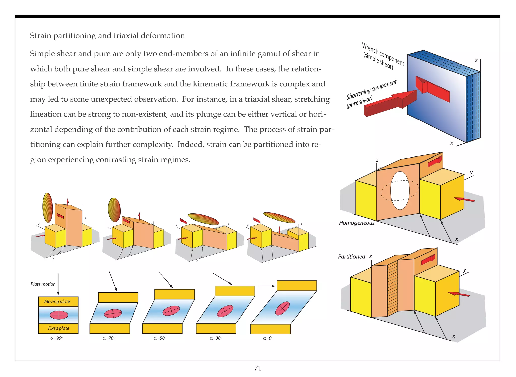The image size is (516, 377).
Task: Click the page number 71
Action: (258, 368)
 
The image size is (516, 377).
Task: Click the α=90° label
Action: (57, 338)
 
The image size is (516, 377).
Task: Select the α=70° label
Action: (109, 338)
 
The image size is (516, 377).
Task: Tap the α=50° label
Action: (160, 338)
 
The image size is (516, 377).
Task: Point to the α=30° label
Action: (216, 338)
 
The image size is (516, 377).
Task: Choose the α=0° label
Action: (268, 338)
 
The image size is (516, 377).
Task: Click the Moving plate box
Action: (58, 302)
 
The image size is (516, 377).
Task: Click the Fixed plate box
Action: (58, 328)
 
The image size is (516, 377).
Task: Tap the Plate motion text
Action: (43, 284)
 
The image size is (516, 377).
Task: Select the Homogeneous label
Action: (357, 223)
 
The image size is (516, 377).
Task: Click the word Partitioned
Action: (351, 257)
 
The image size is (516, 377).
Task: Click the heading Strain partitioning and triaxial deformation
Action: (107, 36)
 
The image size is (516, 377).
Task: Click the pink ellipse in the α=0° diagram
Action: (282, 308)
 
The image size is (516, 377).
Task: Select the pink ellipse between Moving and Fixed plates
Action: (59, 315)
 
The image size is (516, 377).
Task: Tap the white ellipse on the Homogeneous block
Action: (400, 191)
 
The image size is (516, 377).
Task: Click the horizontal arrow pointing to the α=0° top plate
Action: (267, 286)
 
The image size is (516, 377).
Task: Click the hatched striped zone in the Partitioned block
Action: (392, 289)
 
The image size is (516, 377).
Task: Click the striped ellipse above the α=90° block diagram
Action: (47, 207)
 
